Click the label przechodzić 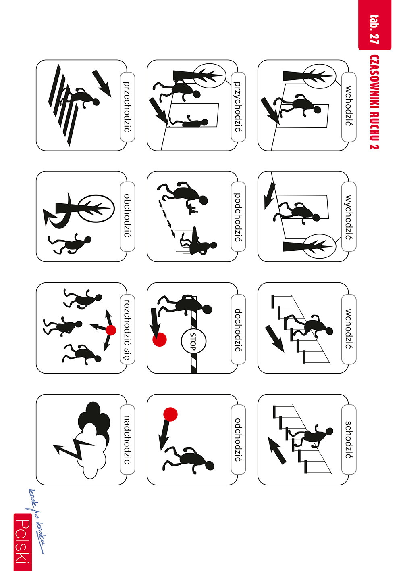127,107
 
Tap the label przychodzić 238,107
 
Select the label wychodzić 349,217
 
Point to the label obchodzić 127,215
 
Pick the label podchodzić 238,217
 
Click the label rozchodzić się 127,329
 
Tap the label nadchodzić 127,440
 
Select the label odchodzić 238,440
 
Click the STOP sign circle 193,341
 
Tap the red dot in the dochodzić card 159,339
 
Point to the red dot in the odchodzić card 170,414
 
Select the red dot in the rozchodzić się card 111,330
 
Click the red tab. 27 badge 374,25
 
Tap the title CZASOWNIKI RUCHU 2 374,102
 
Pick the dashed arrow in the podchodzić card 167,219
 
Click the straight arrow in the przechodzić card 102,84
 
